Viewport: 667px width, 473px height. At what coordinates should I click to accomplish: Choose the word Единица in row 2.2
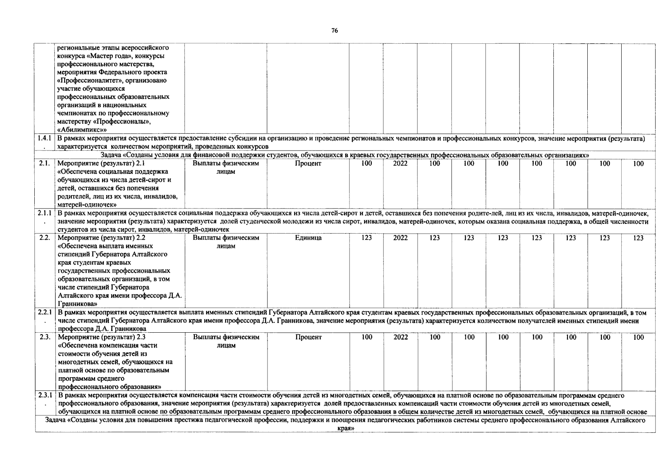click(308, 238)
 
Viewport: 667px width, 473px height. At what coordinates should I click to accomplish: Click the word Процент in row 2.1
click(308, 164)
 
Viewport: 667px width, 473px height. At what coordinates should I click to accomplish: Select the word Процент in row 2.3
click(308, 337)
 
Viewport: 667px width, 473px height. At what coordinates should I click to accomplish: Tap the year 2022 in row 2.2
click(401, 238)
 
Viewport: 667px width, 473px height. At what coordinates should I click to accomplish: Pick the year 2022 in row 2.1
click(401, 164)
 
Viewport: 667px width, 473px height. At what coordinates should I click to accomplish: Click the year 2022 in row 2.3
click(401, 337)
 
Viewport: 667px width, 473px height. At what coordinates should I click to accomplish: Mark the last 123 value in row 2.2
click(638, 238)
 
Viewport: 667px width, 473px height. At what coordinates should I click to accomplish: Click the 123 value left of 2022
click(366, 238)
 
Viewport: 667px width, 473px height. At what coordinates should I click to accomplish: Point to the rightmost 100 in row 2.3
click(638, 337)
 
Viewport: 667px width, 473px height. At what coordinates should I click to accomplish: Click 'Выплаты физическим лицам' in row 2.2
click(226, 242)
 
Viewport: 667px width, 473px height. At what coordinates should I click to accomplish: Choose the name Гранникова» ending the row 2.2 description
click(77, 304)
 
